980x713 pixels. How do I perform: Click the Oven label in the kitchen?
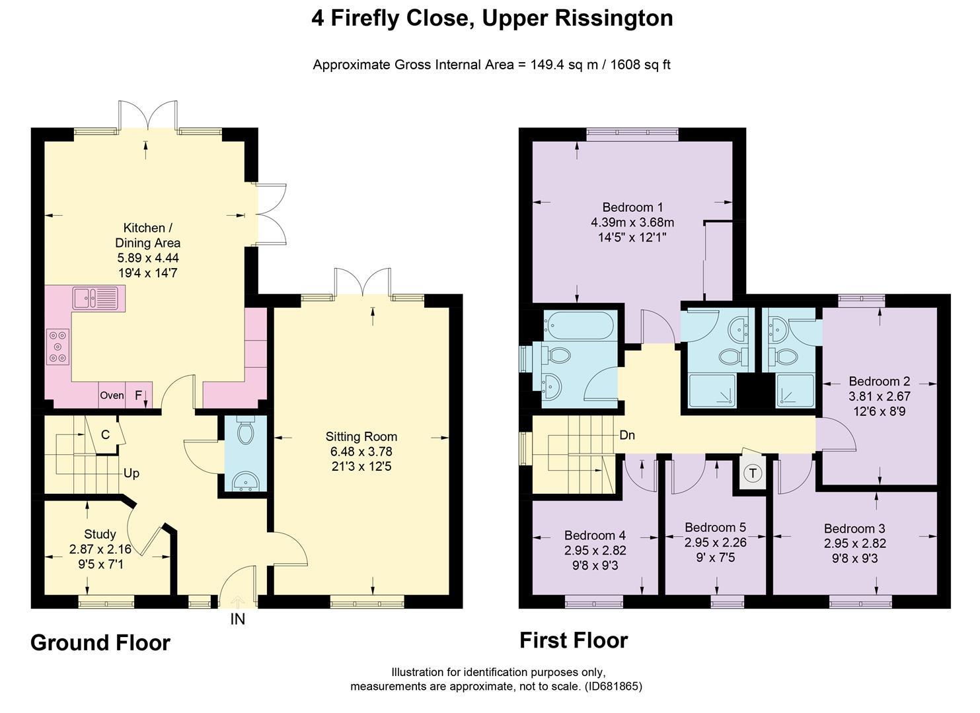(x=112, y=395)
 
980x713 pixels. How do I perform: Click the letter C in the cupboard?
(x=106, y=434)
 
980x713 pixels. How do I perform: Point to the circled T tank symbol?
(x=753, y=473)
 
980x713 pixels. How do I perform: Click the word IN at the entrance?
(x=237, y=619)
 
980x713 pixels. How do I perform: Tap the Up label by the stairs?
(x=132, y=474)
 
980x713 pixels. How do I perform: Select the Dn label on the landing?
(x=627, y=436)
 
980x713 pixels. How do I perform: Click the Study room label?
(x=100, y=534)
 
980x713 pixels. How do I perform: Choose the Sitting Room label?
(x=361, y=436)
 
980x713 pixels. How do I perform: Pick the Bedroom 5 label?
(x=715, y=527)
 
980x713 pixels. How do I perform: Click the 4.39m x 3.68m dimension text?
(x=632, y=222)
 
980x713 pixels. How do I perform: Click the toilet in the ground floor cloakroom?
(x=245, y=430)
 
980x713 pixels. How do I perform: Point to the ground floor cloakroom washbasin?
(x=246, y=482)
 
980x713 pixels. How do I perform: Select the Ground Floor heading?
(x=100, y=642)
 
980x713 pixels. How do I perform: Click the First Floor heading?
(x=574, y=640)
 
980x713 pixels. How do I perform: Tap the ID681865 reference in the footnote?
(x=613, y=687)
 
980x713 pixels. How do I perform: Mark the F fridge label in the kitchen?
(x=138, y=395)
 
